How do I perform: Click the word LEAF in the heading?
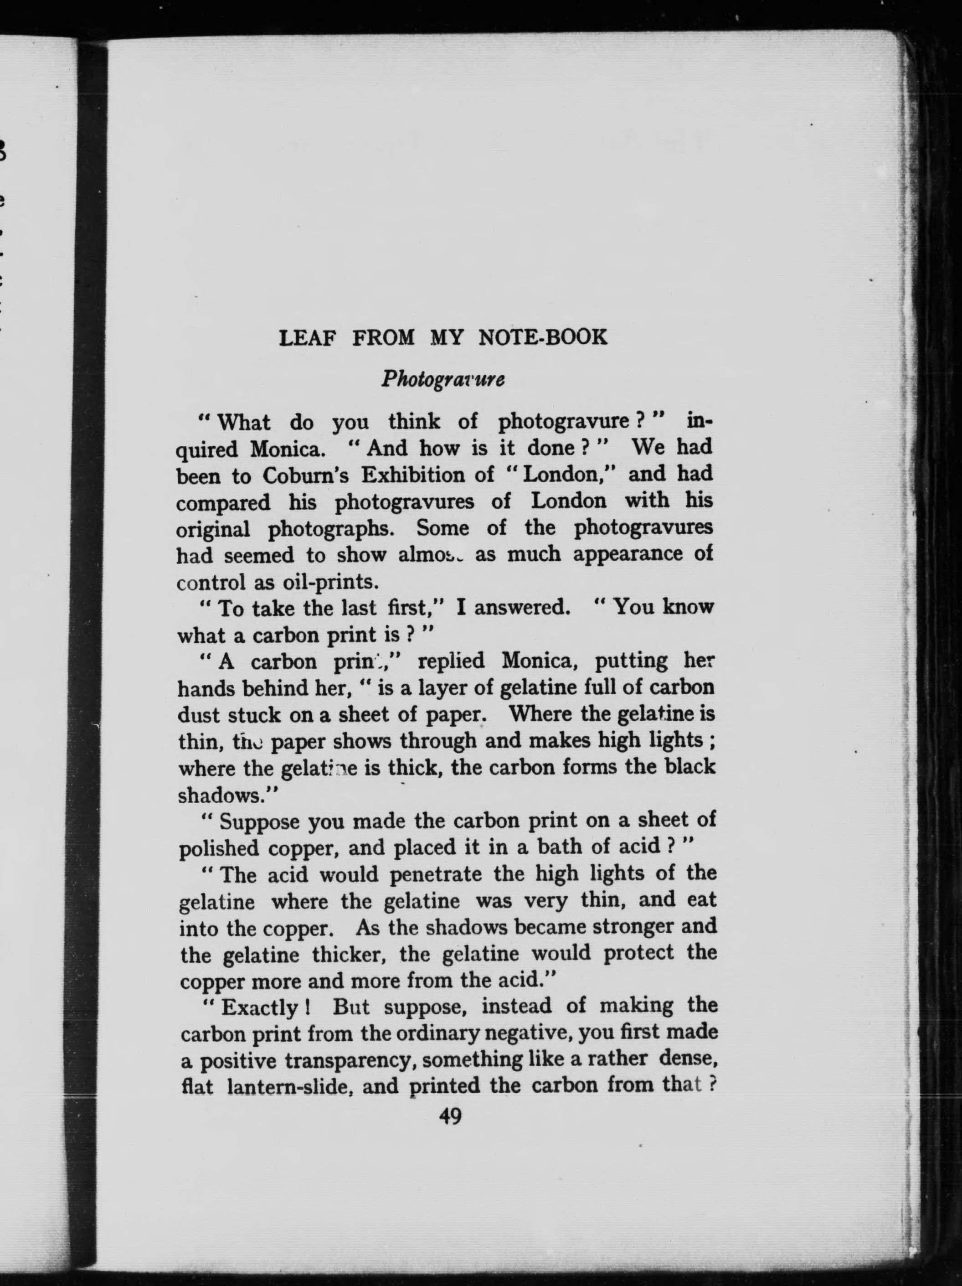[308, 337]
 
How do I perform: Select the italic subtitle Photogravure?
[443, 379]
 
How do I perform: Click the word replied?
[451, 661]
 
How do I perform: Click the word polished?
[218, 849]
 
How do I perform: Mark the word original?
[213, 529]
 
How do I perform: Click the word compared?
[223, 502]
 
